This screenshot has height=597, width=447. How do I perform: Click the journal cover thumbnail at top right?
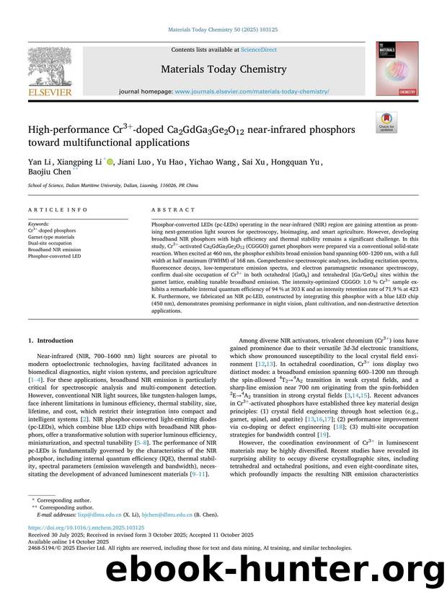[x=397, y=69]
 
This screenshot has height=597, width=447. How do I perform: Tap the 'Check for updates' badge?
[x=386, y=123]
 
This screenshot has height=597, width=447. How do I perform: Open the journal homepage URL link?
[x=252, y=92]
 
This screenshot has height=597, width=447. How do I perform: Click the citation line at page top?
[x=223, y=30]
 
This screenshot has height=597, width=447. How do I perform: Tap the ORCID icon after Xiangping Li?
[x=110, y=162]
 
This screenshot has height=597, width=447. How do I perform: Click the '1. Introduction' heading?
[x=50, y=340]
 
